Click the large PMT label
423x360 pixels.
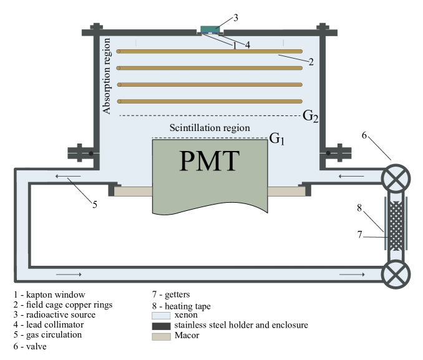(209, 161)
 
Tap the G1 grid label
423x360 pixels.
(277, 139)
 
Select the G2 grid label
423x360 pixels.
(311, 116)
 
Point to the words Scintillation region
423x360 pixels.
(210, 128)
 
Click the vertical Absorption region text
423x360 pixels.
(107, 76)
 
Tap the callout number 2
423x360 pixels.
(310, 61)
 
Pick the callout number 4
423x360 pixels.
(248, 45)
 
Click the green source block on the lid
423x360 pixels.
(210, 29)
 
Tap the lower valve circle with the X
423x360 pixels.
(396, 273)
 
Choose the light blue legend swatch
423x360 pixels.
(161, 316)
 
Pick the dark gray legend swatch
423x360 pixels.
(161, 326)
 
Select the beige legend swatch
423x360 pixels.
(161, 336)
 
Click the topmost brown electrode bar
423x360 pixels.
(210, 51)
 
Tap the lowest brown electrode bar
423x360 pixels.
(210, 101)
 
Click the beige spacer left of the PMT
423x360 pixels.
(133, 192)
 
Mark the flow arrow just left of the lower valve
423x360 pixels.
(352, 274)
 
